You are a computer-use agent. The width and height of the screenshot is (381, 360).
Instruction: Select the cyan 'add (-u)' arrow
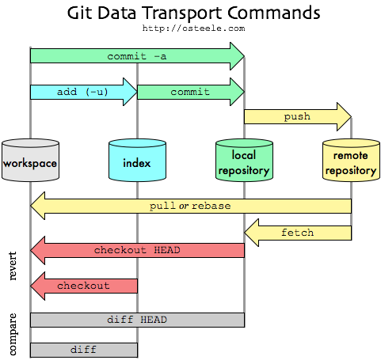click(83, 92)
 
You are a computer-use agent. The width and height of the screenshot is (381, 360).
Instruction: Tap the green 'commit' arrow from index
click(190, 92)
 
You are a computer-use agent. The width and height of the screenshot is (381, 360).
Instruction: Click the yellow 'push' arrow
click(297, 116)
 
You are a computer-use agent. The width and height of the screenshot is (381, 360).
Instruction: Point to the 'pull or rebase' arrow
click(190, 206)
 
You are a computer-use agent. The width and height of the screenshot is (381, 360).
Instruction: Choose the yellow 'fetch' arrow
click(297, 233)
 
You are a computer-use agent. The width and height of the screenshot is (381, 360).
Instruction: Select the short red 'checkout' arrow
click(83, 285)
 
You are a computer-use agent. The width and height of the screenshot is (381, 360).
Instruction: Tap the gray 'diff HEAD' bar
click(136, 320)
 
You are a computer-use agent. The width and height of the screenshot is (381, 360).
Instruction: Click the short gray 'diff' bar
click(83, 349)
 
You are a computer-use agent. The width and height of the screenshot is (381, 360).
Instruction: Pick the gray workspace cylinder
click(30, 161)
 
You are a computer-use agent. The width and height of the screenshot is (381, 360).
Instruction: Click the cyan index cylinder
click(137, 161)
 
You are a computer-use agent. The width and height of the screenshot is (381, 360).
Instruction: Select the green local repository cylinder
click(244, 161)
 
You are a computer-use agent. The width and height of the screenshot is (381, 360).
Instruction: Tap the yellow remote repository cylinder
click(350, 161)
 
